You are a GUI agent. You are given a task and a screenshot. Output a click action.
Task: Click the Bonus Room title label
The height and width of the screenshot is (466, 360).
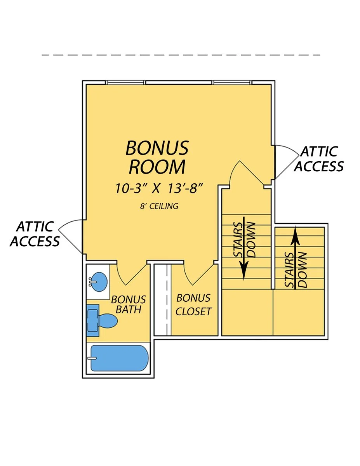[x=157, y=157]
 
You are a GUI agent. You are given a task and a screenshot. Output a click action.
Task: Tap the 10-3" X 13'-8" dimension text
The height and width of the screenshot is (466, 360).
[x=159, y=188]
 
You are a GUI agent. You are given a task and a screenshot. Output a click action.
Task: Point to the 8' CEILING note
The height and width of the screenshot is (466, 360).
[x=159, y=206]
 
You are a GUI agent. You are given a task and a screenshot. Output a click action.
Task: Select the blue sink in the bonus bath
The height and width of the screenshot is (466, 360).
[x=99, y=282]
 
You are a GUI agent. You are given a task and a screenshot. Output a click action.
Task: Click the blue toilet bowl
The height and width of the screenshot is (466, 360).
[x=108, y=321]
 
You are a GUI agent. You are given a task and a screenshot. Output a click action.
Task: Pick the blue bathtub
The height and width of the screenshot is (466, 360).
[x=120, y=358]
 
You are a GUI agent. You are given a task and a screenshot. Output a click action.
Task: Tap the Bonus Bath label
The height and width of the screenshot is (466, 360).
[x=129, y=304]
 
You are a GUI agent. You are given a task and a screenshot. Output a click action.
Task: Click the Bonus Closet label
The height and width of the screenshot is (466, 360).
[x=193, y=304]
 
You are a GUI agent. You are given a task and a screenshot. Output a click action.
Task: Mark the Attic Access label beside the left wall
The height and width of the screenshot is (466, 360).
[x=35, y=234]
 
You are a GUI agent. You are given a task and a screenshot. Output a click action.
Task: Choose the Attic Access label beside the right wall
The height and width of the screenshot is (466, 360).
[x=319, y=159]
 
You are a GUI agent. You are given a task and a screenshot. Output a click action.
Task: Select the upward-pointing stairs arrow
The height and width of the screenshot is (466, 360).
[x=296, y=257]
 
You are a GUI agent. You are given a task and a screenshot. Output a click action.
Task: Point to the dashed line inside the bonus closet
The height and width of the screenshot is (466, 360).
[x=167, y=299]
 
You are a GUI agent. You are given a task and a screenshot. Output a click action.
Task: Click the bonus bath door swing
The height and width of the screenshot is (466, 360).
[x=132, y=275]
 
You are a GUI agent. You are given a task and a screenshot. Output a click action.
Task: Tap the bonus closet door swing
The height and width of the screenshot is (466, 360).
[x=200, y=275]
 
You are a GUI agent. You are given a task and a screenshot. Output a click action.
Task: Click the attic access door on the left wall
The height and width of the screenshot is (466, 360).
[x=69, y=236]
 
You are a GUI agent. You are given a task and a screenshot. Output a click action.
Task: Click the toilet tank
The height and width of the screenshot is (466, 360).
[x=93, y=320]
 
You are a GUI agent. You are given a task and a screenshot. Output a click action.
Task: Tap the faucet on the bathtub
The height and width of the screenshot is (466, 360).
[x=92, y=358]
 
